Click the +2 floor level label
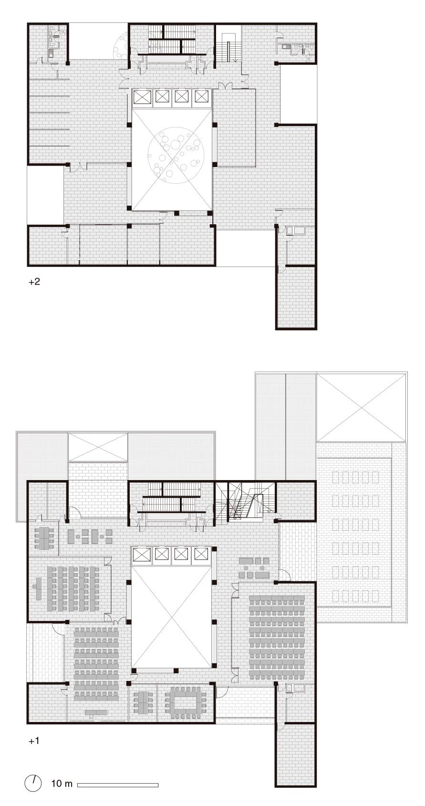(x=34, y=282)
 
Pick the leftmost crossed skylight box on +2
(x=141, y=97)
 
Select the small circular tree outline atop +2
(x=120, y=46)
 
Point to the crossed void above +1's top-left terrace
(x=98, y=447)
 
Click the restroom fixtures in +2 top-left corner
(x=52, y=43)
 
